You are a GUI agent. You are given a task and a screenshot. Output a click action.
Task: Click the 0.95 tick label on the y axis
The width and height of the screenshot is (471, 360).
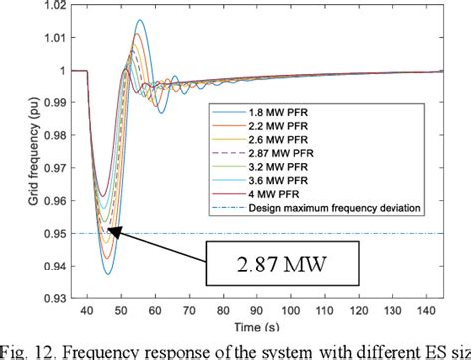pyautogui.click(x=62, y=234)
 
